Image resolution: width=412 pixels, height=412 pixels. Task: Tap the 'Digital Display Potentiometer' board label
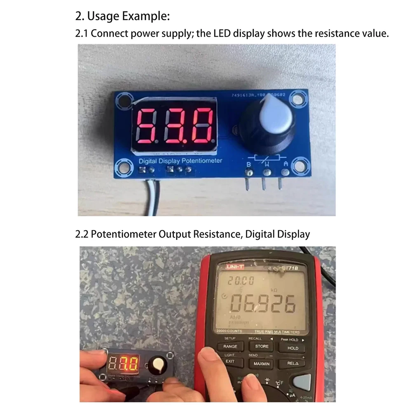[180, 161]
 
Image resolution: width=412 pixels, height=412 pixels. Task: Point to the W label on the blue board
[267, 164]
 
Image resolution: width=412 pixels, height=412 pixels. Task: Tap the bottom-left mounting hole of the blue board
[122, 166]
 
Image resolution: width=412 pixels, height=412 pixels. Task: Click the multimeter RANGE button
[230, 346]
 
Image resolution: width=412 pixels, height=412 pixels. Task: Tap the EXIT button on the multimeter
[229, 361]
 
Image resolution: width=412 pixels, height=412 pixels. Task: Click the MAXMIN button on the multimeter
[262, 364]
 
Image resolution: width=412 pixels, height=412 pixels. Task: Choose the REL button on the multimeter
[293, 363]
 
